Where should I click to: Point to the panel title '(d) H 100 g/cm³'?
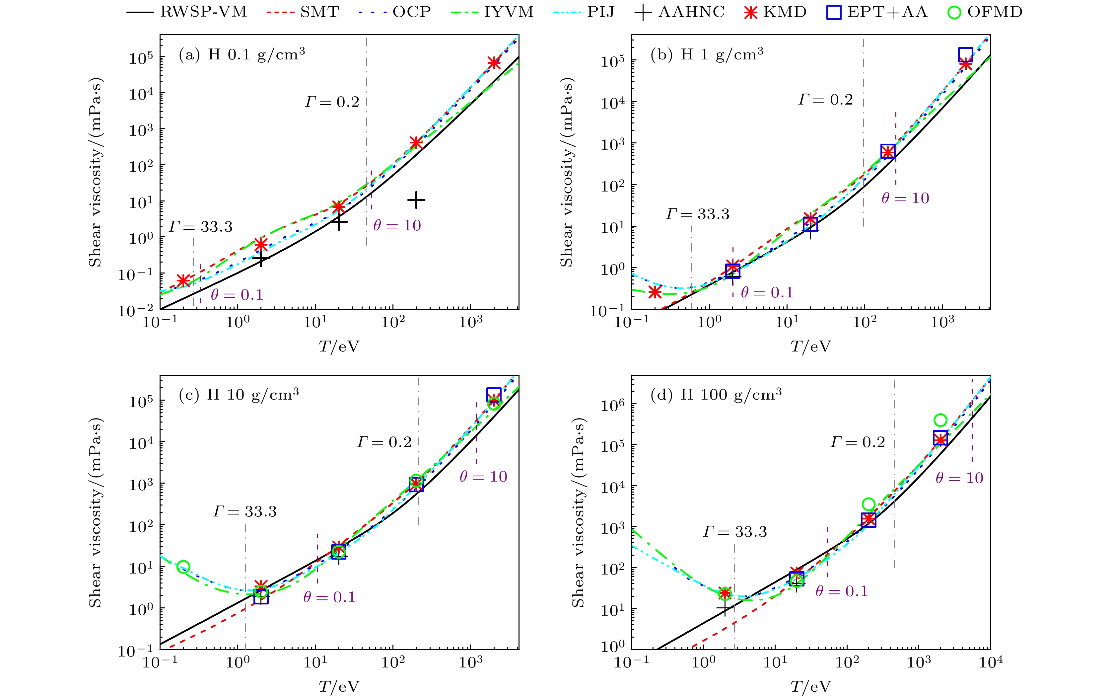pyautogui.click(x=716, y=395)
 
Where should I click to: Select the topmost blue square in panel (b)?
pyautogui.click(x=966, y=55)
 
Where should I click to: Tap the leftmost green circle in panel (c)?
pyautogui.click(x=183, y=567)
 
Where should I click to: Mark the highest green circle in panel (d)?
pyautogui.click(x=940, y=420)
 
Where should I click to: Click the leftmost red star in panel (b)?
pyautogui.click(x=655, y=292)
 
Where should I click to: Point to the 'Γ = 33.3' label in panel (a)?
pyautogui.click(x=200, y=227)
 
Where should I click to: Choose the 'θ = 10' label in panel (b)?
pyautogui.click(x=905, y=198)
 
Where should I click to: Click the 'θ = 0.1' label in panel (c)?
pyautogui.click(x=329, y=597)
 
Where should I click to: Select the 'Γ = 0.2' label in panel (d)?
pyautogui.click(x=858, y=442)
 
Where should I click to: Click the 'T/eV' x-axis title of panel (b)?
pyautogui.click(x=810, y=347)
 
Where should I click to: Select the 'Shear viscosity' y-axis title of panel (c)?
pyautogui.click(x=95, y=512)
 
